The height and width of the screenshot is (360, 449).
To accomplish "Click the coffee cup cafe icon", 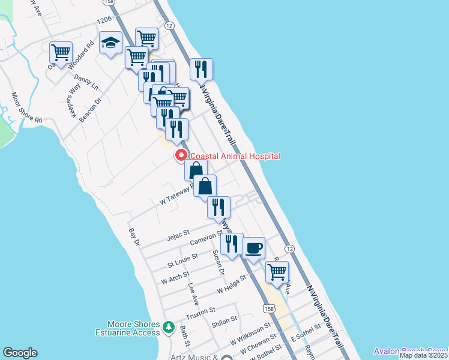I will click(x=253, y=247).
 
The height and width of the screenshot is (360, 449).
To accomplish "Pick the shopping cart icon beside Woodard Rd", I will click(x=61, y=53).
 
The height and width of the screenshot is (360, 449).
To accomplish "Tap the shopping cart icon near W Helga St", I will click(x=277, y=271).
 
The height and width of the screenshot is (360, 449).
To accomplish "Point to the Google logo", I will click(x=20, y=353).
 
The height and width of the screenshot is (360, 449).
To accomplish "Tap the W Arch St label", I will click(x=175, y=278).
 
